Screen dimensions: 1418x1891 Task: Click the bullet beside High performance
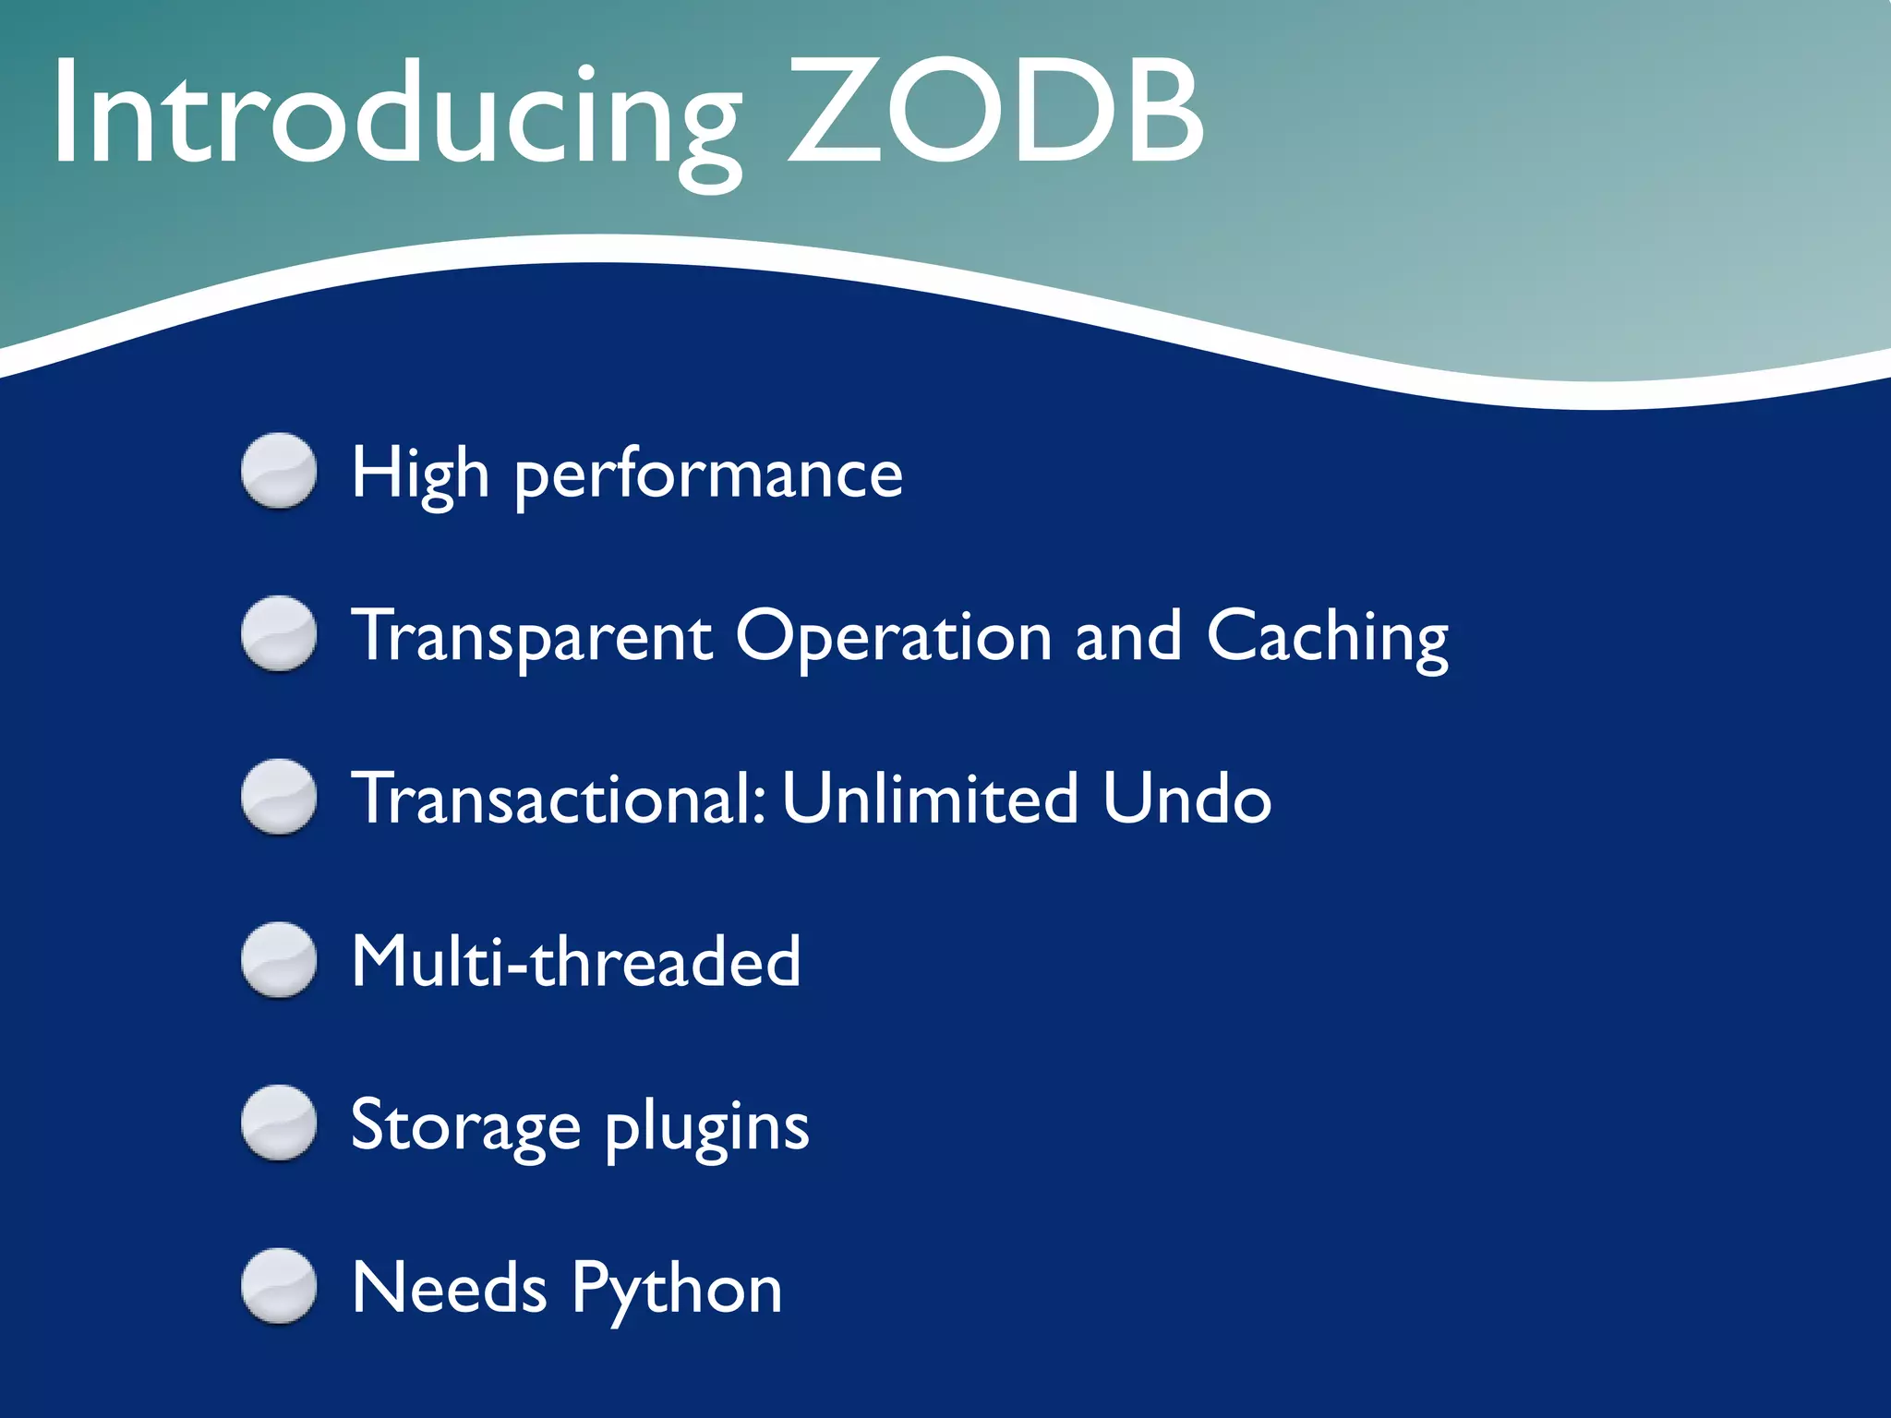coord(279,471)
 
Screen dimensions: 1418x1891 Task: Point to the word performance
coord(708,476)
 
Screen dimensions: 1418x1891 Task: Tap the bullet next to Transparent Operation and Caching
coord(279,634)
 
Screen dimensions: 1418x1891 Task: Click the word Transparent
coord(533,637)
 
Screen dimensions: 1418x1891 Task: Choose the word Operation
coord(894,637)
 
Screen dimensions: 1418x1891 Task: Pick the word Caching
coord(1327,637)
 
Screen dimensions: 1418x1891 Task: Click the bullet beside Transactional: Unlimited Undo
coord(279,797)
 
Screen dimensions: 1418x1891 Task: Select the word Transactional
coord(558,799)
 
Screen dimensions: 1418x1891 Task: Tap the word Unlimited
coord(930,799)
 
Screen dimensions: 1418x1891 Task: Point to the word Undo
coord(1186,799)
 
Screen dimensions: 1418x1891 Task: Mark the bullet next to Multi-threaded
coord(279,960)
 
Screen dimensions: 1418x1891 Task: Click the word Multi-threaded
coord(575,962)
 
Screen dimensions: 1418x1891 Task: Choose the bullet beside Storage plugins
coord(279,1123)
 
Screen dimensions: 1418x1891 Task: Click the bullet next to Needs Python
coord(279,1286)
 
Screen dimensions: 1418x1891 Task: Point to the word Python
coord(677,1289)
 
